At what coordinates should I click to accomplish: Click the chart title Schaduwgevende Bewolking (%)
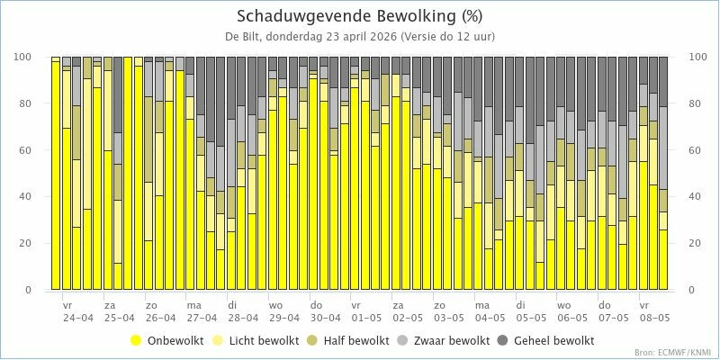[x=359, y=16]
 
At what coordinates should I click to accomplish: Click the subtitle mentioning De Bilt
[x=359, y=36]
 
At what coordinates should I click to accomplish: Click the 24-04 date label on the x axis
[x=78, y=318]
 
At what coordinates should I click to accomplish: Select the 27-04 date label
[x=202, y=318]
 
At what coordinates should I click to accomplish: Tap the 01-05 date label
[x=366, y=318]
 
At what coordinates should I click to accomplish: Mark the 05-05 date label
[x=531, y=318]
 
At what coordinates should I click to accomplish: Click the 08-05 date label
[x=654, y=318]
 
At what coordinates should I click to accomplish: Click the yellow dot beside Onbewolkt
[x=137, y=340]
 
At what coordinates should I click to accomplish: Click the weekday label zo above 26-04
[x=151, y=305]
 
